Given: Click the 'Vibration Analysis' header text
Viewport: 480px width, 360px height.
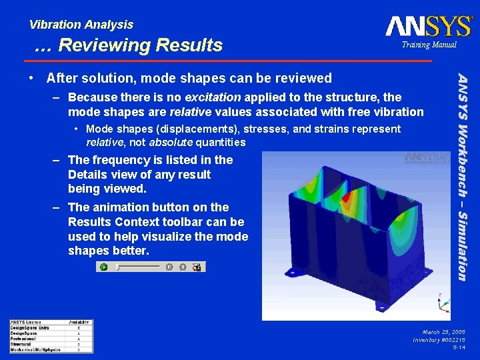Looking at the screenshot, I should click(x=81, y=25).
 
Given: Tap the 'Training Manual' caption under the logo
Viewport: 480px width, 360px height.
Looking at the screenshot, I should click(x=429, y=45).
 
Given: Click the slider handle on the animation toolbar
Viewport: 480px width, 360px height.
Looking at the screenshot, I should click(x=117, y=267).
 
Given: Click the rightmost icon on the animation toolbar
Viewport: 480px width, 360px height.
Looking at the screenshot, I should click(x=197, y=267).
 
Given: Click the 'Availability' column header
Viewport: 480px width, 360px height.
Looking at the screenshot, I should click(x=79, y=323).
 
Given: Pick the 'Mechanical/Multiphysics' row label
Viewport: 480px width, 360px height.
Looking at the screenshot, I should click(x=35, y=349).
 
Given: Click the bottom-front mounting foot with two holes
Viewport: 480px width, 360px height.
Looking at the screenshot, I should click(x=381, y=305).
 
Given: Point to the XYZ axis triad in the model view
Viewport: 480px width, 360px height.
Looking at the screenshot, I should click(x=441, y=303).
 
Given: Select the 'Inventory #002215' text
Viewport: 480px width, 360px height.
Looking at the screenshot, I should click(x=439, y=339).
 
